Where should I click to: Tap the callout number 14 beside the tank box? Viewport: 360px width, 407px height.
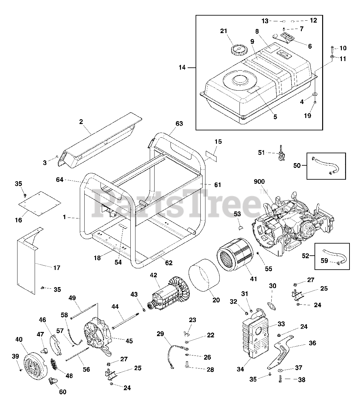click(x=182, y=67)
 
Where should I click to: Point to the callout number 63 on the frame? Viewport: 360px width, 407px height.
click(x=179, y=123)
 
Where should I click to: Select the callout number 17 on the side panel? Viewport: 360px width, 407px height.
click(x=57, y=268)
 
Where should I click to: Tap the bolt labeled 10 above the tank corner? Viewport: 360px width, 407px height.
click(x=332, y=49)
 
